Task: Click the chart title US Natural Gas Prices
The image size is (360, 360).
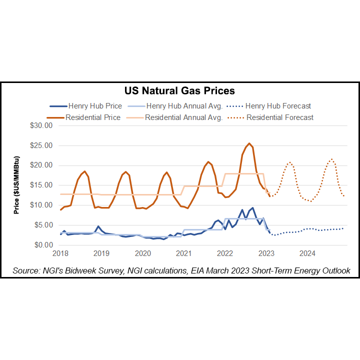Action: click(179, 91)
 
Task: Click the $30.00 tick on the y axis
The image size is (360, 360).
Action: click(40, 125)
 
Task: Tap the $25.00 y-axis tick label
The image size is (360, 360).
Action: click(40, 145)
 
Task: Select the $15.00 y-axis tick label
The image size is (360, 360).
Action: click(40, 185)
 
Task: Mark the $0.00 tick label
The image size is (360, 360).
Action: click(42, 245)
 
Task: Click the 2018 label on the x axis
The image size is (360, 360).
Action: click(60, 253)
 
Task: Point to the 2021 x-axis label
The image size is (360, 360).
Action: click(184, 253)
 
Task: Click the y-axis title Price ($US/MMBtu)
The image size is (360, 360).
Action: click(16, 185)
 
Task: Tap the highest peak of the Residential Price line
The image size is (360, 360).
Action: click(249, 143)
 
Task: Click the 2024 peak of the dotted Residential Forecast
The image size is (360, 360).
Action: click(331, 159)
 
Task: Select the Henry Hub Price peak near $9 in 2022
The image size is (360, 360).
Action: click(252, 208)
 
